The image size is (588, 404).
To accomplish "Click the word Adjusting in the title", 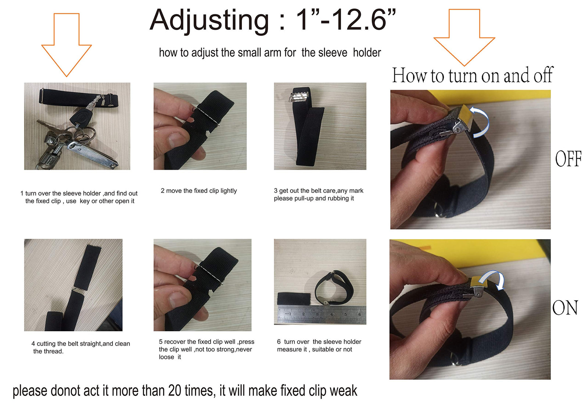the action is (x=209, y=21).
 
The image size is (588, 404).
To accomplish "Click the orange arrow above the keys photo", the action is (x=67, y=44).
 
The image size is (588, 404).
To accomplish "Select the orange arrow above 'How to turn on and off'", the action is (x=465, y=37).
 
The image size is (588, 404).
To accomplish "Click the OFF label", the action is (x=568, y=159).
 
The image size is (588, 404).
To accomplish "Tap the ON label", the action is (x=565, y=307).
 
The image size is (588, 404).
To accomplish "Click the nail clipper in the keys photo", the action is (x=92, y=155).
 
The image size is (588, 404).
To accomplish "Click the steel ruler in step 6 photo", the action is (x=322, y=315).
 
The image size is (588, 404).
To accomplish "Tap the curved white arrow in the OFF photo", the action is (x=479, y=122).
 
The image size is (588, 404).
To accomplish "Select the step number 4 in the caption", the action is (x=33, y=344).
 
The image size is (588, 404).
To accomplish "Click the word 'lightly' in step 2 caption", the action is (x=229, y=191).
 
